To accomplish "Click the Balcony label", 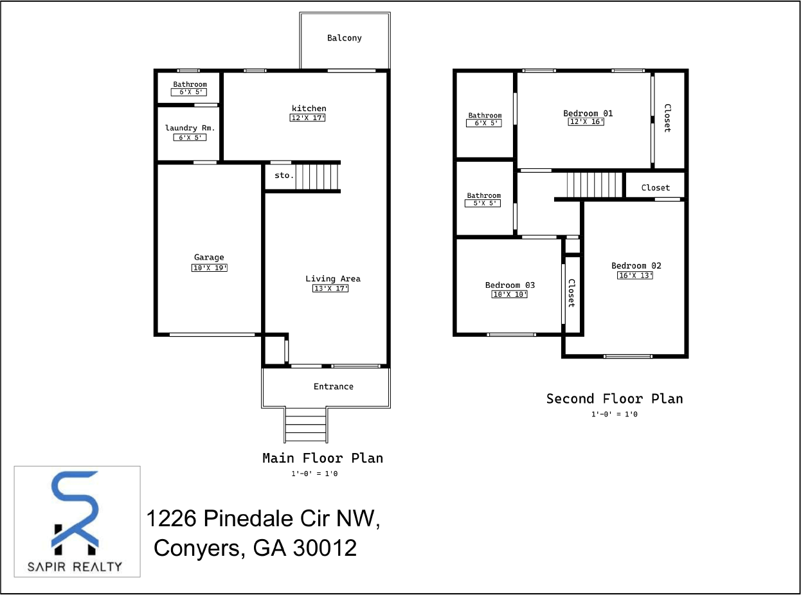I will [344, 38].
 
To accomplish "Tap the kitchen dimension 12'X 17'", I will [308, 118].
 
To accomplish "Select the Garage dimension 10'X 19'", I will [209, 268].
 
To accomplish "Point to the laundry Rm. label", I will [190, 128].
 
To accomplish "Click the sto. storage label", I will [283, 175].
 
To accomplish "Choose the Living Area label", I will [332, 278].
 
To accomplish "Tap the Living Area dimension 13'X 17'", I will [330, 289].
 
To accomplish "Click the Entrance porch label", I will [333, 386].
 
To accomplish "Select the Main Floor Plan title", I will [322, 458].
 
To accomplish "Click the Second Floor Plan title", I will [614, 398].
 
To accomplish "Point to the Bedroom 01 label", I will [588, 113].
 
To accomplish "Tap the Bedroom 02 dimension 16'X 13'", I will [635, 276].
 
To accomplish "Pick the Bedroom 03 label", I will [510, 285].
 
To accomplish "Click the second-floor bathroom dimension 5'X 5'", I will [482, 204].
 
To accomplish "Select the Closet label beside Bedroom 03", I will [571, 293].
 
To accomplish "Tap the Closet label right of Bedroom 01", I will [667, 118].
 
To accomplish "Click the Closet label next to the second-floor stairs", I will [655, 188].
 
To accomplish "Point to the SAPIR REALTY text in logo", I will [75, 566].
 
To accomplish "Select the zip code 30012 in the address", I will [325, 548].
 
